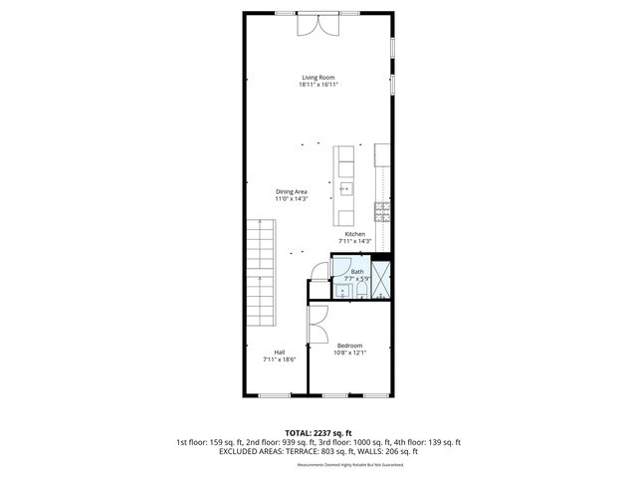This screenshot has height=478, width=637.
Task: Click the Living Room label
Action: click(318, 77)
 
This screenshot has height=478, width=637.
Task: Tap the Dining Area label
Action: click(292, 191)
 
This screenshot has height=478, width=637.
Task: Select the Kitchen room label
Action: click(354, 234)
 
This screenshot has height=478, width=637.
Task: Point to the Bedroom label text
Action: click(348, 346)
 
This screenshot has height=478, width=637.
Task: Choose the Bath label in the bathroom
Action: click(356, 272)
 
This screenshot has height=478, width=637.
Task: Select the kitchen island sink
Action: click(346, 188)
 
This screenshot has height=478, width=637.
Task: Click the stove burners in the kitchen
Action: click(382, 210)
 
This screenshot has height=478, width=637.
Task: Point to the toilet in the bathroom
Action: click(340, 291)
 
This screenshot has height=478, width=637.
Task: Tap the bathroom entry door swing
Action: click(318, 270)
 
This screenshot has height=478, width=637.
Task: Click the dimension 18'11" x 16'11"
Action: click(318, 85)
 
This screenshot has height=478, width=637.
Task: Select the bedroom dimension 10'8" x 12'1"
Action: click(348, 353)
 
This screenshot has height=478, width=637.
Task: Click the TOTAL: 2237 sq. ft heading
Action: click(318, 431)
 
